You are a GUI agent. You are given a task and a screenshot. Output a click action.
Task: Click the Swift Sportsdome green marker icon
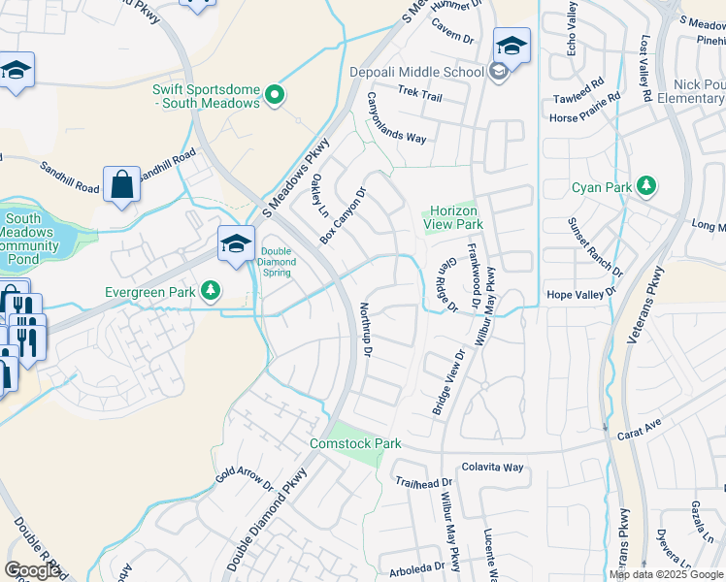276,95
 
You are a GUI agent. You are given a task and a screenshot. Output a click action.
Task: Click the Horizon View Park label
453,217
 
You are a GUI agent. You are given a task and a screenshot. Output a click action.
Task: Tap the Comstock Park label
355,443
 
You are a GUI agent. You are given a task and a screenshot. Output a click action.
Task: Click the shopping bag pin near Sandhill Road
122,184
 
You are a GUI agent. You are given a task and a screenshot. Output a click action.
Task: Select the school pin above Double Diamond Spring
236,244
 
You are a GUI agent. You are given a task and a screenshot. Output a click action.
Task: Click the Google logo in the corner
32,570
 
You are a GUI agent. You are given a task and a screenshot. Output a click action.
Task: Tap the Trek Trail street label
419,97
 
